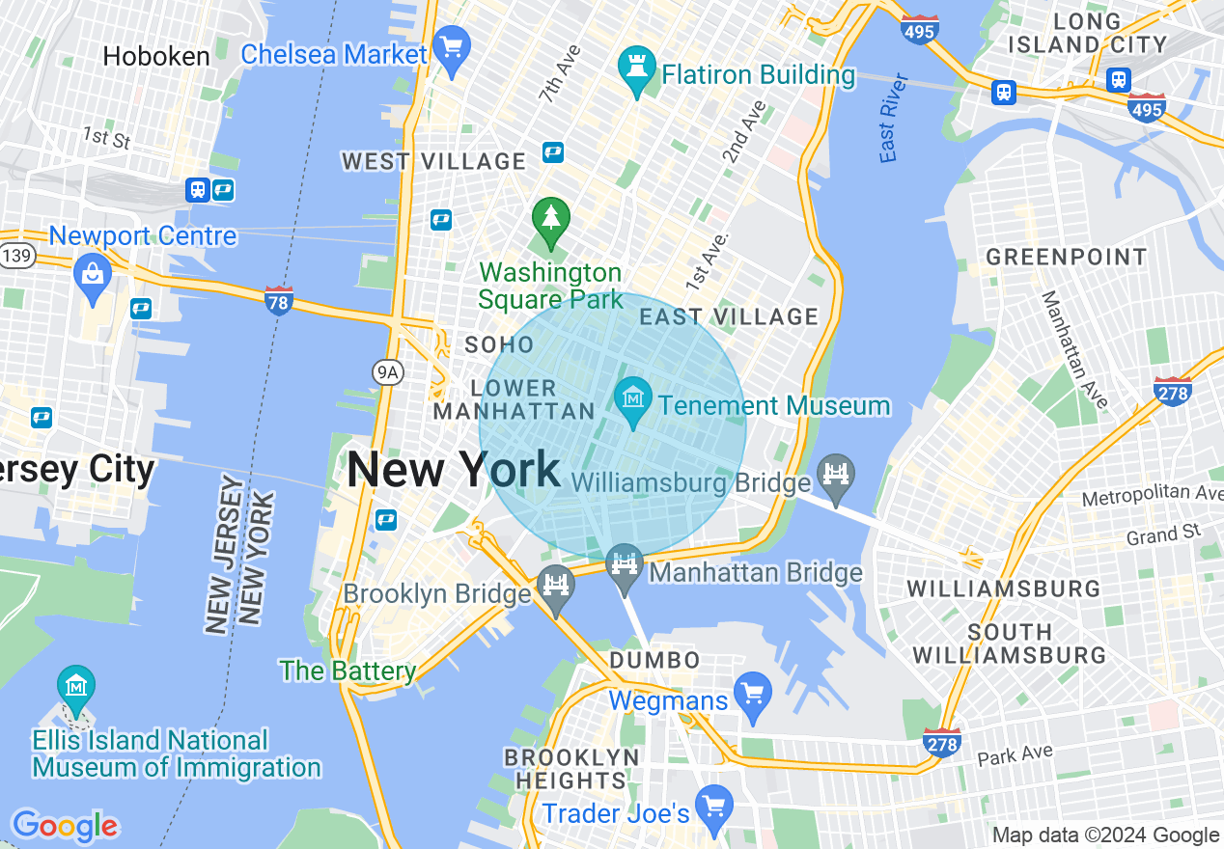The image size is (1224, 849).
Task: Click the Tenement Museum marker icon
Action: point(633,397)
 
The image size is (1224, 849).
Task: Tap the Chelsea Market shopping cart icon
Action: point(451,44)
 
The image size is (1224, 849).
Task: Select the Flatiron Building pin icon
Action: point(636,66)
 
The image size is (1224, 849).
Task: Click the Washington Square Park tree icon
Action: point(550,216)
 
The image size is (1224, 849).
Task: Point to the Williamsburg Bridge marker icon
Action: point(836,474)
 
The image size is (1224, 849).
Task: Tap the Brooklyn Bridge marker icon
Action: point(556,585)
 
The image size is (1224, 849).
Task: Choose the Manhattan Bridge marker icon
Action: point(625,562)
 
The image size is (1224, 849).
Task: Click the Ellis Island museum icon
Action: point(75,686)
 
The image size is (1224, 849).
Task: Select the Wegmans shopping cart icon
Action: point(752,693)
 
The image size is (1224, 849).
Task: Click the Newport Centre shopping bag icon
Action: point(93,273)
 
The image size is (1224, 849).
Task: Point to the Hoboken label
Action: point(156,57)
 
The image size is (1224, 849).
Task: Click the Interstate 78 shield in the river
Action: point(279,299)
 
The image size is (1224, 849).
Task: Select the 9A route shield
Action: point(387,372)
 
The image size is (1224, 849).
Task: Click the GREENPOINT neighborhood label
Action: point(1066,257)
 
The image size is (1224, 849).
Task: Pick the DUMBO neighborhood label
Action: point(654,661)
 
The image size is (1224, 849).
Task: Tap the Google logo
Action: point(65,826)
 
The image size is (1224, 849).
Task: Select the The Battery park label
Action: point(348,671)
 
